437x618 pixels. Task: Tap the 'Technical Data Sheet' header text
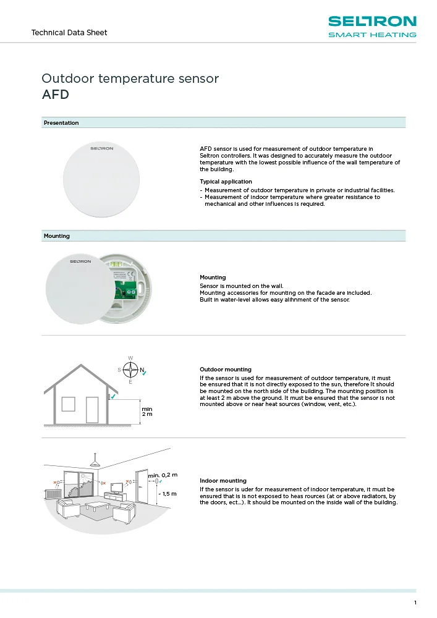69,32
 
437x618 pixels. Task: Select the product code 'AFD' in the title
55,95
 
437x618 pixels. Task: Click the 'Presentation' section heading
61,123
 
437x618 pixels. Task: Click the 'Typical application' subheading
221,182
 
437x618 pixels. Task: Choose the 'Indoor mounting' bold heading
223,480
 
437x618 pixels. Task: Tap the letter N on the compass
142,370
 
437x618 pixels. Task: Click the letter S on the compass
119,370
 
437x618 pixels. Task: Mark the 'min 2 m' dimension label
146,411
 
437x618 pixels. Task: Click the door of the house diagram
92,410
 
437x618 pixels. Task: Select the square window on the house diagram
68,405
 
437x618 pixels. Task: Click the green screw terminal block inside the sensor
132,292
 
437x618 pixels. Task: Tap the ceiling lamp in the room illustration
95,463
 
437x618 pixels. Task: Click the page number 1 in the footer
415,603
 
